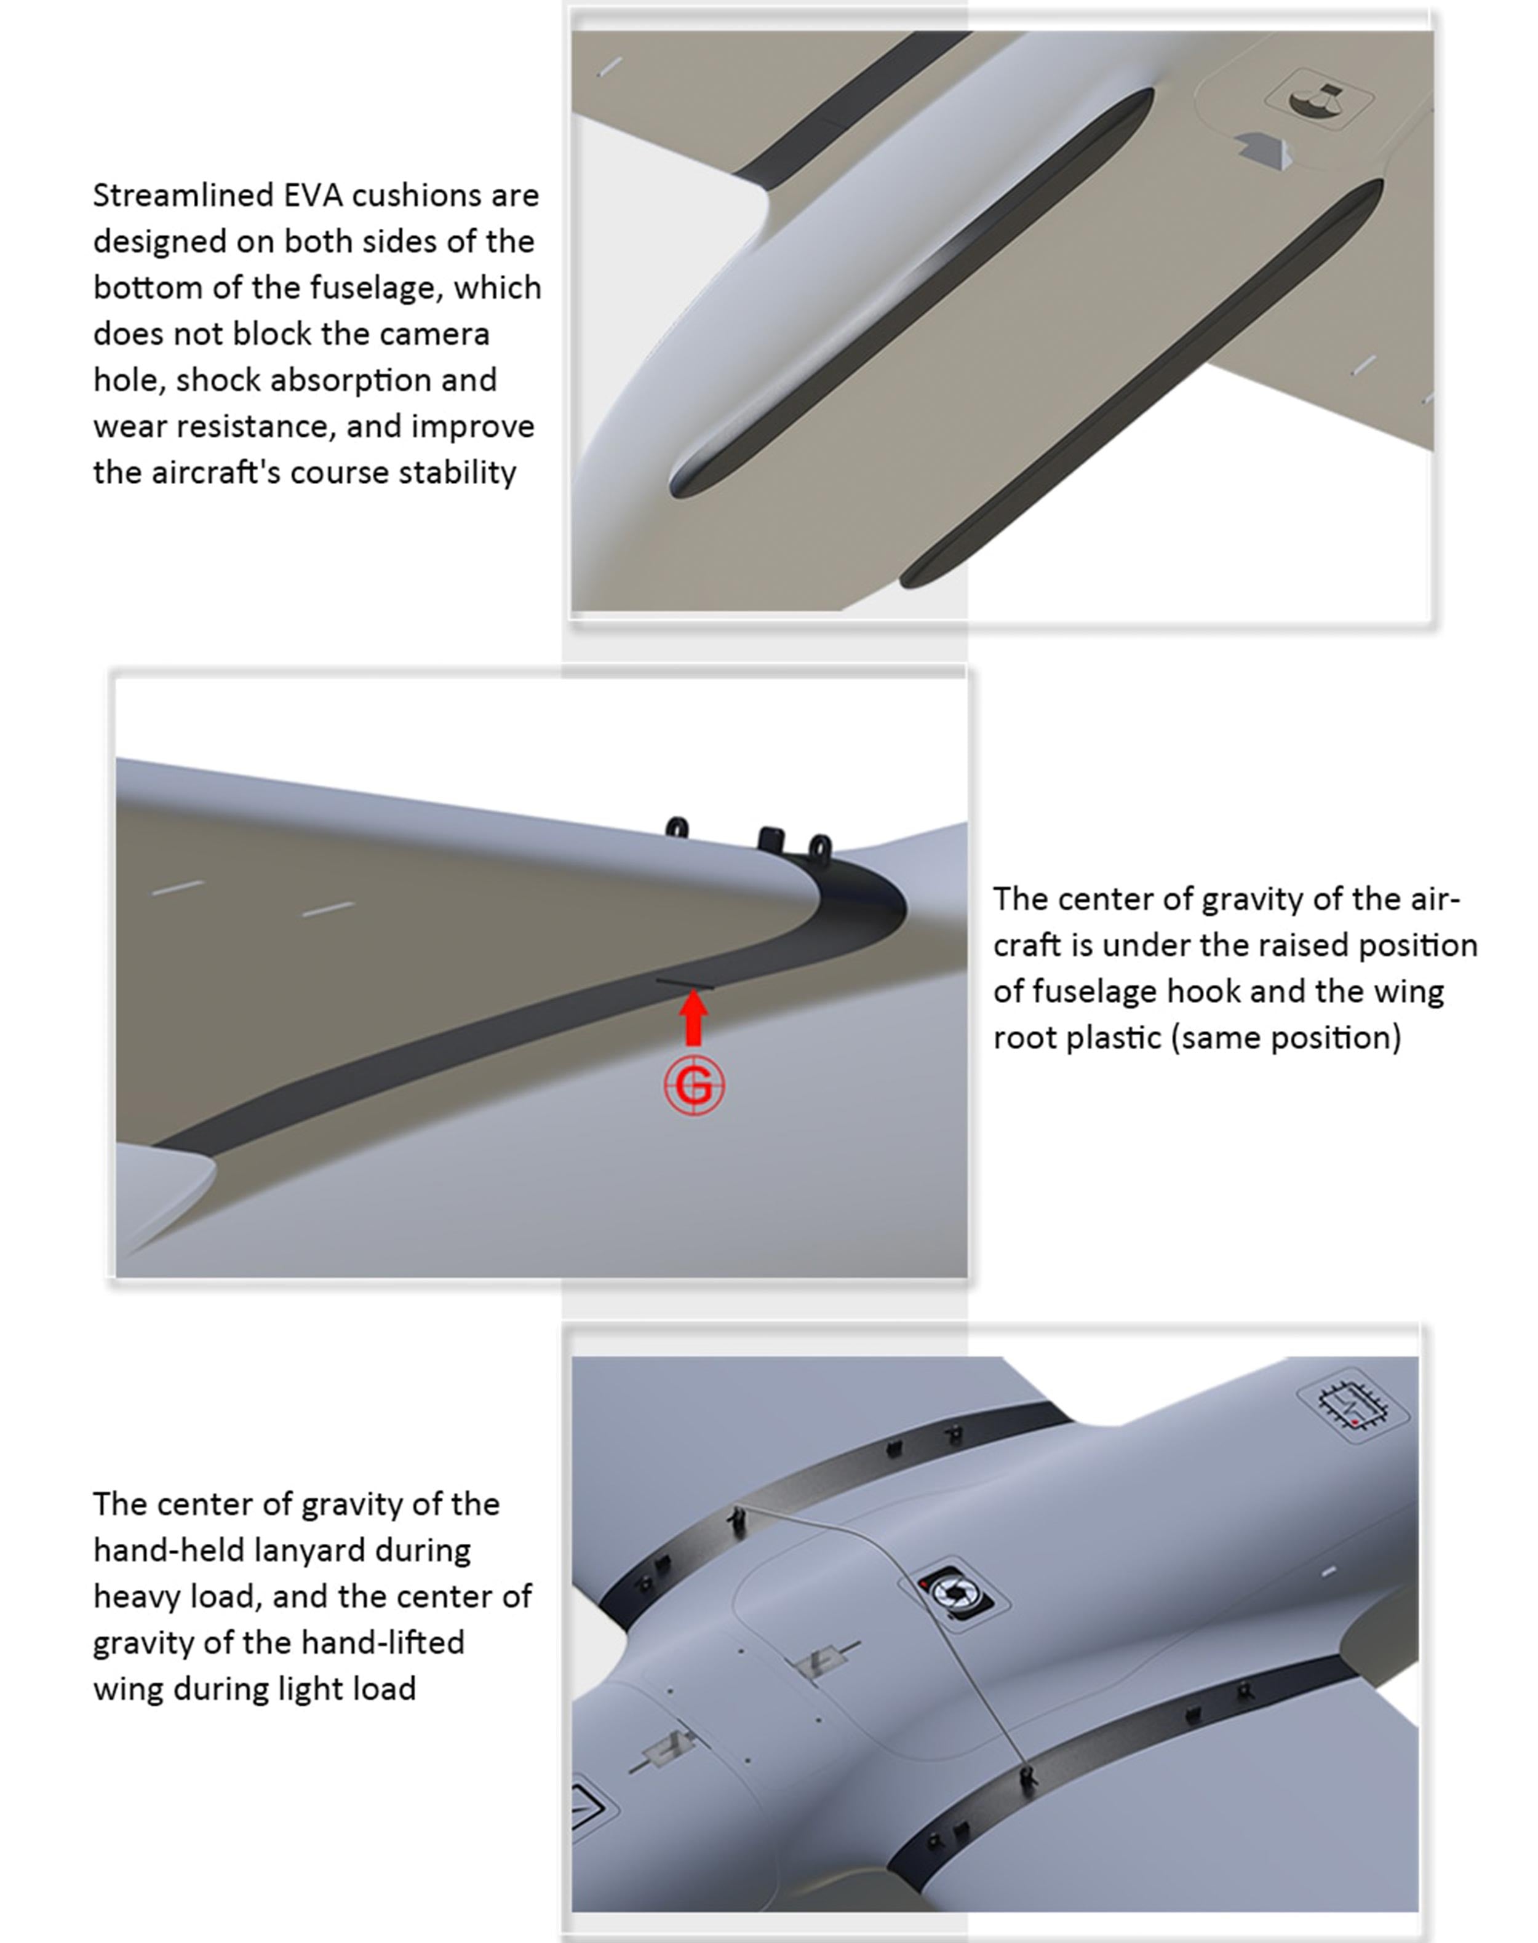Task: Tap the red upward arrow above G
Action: point(693,1017)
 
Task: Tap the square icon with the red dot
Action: point(1352,1405)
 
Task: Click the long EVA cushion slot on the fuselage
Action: point(911,293)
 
